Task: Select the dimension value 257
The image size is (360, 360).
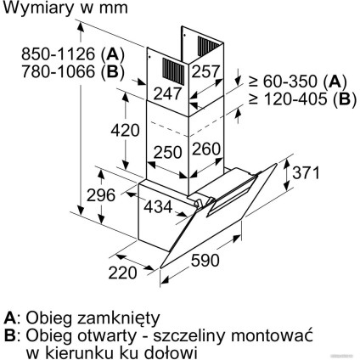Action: coord(205,72)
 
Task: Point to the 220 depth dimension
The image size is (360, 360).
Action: coord(122,273)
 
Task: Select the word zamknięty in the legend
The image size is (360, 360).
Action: coord(118,318)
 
